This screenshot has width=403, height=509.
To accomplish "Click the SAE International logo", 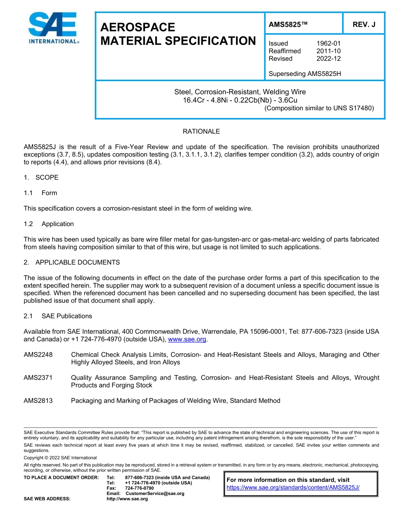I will click(x=53, y=28).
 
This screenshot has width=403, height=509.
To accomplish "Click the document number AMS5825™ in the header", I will click(x=288, y=25).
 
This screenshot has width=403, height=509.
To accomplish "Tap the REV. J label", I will click(x=364, y=25).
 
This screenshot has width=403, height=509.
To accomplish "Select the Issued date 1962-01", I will click(x=328, y=43).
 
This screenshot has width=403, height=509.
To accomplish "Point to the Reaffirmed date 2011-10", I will click(x=328, y=51).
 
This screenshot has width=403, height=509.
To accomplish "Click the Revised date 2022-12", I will click(x=328, y=59).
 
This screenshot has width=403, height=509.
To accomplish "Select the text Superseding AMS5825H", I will click(x=305, y=74).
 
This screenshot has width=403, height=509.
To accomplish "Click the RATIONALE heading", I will click(x=201, y=131).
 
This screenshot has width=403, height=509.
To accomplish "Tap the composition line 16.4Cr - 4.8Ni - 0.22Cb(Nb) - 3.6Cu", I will click(x=240, y=100).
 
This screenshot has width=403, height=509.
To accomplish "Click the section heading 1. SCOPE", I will click(x=41, y=177).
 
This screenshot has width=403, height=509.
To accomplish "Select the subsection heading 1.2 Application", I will click(x=49, y=224).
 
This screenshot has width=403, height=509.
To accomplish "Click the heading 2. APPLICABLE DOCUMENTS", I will click(x=72, y=263).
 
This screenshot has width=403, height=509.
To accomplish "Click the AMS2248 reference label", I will click(x=38, y=355).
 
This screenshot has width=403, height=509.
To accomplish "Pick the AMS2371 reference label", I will click(x=38, y=378).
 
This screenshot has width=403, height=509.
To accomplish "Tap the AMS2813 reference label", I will click(x=38, y=400).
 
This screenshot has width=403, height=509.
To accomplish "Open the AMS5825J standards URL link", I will click(x=293, y=487).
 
